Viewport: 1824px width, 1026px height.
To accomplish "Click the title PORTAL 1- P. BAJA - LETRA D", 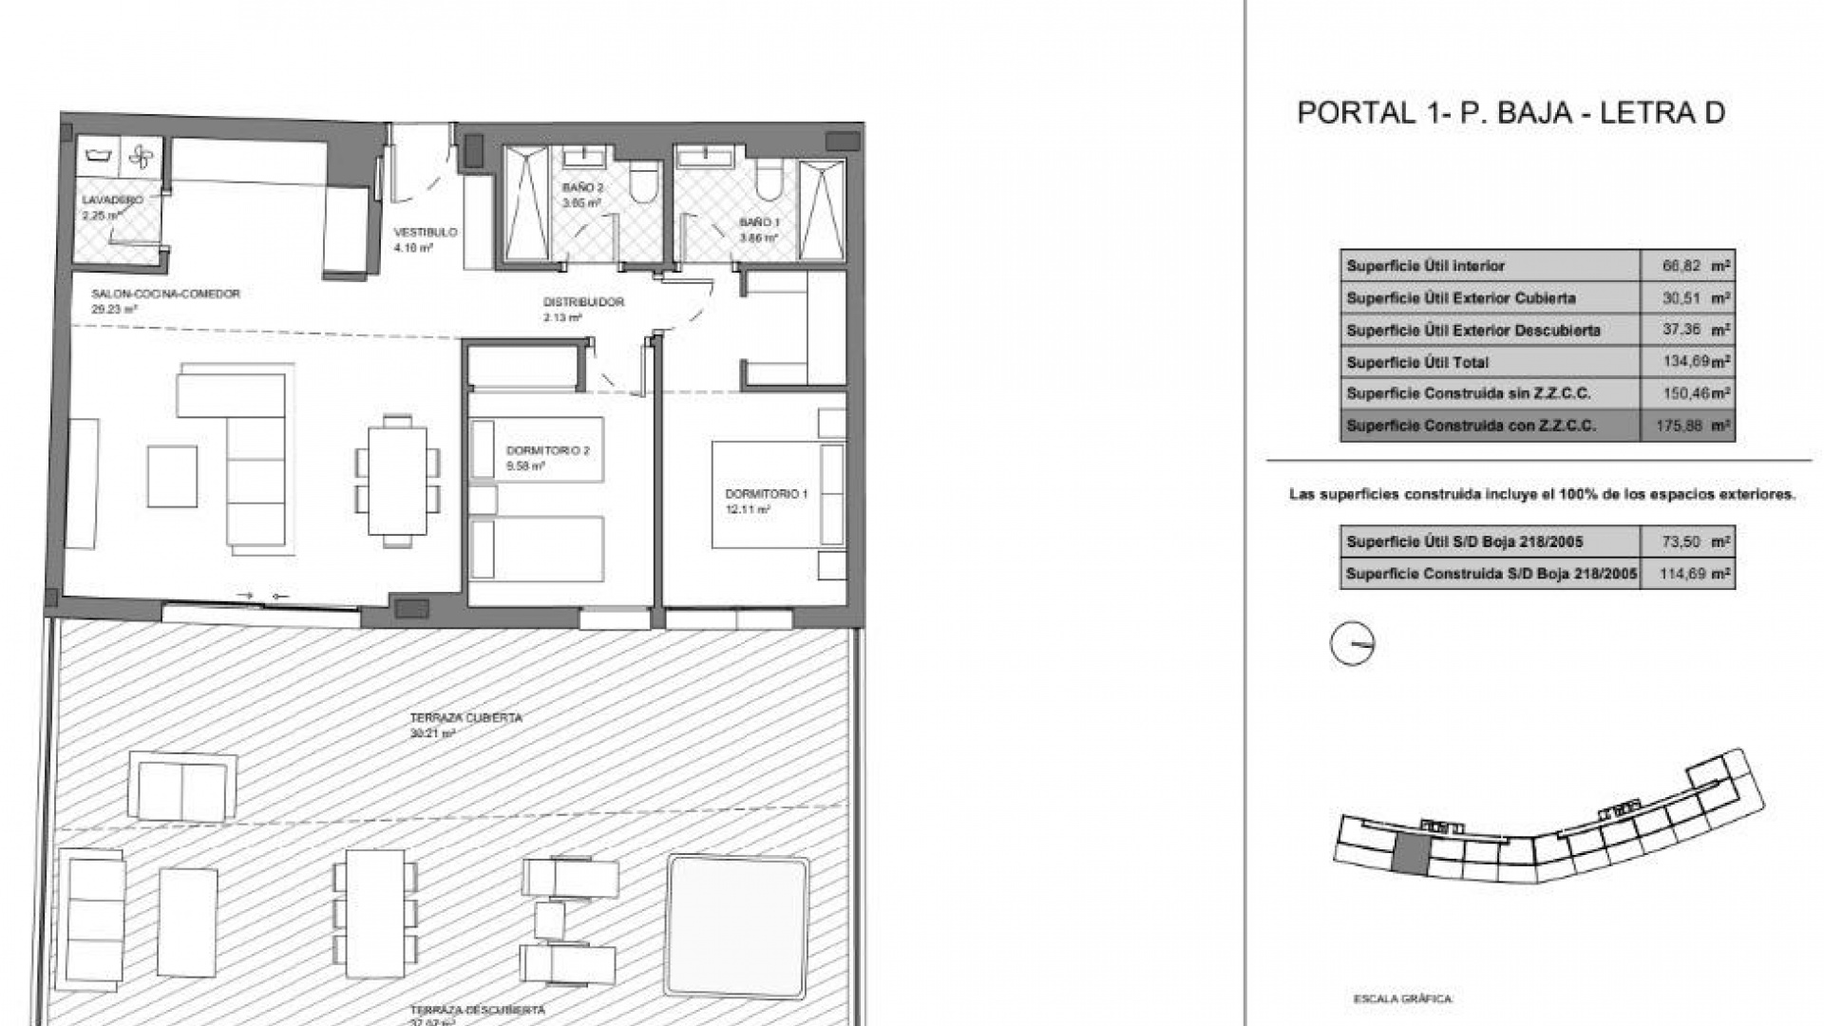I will click(x=1510, y=113).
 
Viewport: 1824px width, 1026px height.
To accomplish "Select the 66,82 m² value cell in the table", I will click(x=1687, y=266).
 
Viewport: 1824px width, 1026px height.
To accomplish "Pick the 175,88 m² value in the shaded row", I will click(x=1687, y=426).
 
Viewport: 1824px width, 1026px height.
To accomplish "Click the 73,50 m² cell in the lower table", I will click(x=1687, y=542).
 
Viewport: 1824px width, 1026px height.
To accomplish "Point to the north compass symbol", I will click(x=1352, y=644).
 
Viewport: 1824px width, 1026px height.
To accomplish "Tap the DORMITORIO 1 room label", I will click(x=766, y=495).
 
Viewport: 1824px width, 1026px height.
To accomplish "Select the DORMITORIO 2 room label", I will click(x=547, y=450).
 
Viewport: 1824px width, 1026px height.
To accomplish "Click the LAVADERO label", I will click(x=112, y=200).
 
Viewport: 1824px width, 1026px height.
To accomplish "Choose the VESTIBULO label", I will click(x=426, y=233).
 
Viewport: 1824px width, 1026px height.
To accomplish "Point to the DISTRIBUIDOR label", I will click(x=583, y=302).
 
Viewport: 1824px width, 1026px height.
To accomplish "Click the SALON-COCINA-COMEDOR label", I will click(x=165, y=294).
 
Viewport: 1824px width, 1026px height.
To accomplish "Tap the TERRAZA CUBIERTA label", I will click(x=465, y=718).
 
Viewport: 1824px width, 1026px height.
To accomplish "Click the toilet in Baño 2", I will click(x=643, y=183).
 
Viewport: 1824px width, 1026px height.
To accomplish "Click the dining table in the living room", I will click(x=398, y=480).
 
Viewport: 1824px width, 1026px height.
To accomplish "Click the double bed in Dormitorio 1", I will click(x=768, y=494).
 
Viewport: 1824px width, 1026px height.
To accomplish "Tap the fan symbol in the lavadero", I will click(x=141, y=157).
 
